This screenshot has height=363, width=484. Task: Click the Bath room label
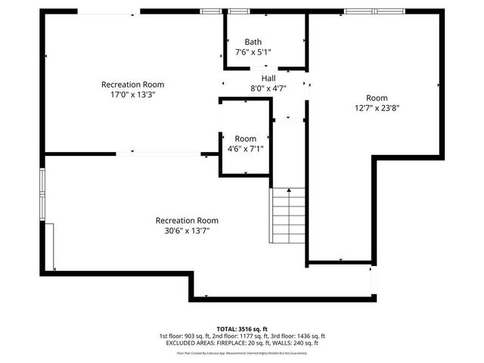tap(253, 42)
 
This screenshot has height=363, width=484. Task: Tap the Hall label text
tap(268, 78)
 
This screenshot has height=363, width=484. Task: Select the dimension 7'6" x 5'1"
tap(253, 52)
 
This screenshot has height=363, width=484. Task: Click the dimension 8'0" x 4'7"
tap(268, 88)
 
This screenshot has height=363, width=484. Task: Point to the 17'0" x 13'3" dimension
tap(132, 95)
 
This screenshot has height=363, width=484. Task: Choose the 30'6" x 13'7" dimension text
tap(186, 231)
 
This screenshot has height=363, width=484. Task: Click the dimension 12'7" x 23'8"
tap(377, 108)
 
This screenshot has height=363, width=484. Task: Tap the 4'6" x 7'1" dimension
tap(245, 149)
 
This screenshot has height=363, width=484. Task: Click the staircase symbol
tap(287, 215)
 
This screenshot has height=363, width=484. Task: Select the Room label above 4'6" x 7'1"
tap(245, 138)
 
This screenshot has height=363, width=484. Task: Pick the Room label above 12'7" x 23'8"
tap(377, 98)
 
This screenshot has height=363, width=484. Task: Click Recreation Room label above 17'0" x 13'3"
tap(132, 85)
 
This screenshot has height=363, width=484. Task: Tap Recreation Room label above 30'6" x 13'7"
tap(186, 221)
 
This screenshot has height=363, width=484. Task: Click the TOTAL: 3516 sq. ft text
tap(241, 329)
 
